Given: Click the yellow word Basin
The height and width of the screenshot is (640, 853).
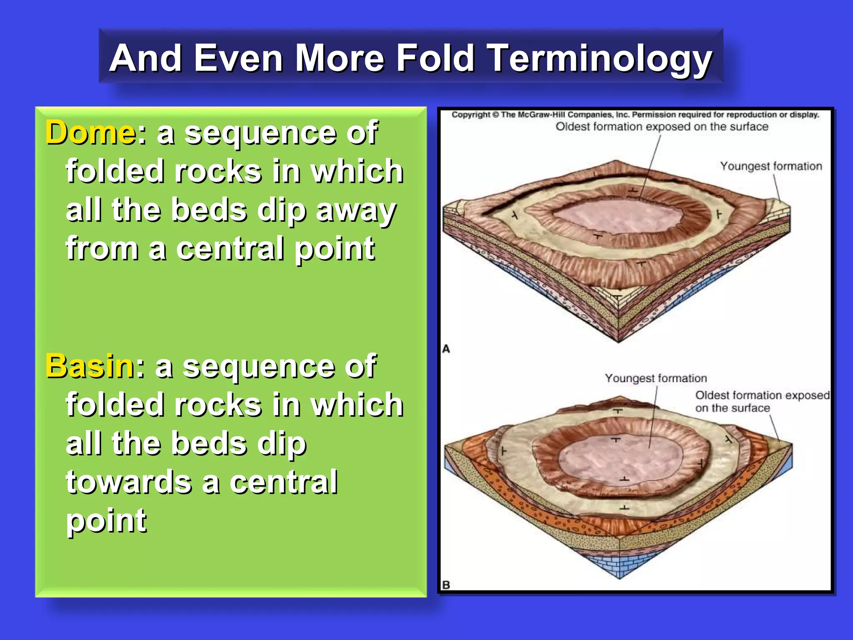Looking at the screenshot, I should (90, 366).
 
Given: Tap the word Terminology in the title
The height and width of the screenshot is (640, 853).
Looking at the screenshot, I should (600, 58).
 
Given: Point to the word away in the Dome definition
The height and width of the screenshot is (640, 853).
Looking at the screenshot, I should (356, 211).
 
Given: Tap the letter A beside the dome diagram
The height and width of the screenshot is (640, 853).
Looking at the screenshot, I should (446, 349).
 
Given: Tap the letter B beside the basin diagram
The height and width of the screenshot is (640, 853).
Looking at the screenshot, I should (446, 585).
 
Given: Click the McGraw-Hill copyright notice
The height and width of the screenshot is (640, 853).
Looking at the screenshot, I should (635, 115).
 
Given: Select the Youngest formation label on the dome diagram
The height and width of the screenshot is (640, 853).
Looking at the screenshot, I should (771, 166).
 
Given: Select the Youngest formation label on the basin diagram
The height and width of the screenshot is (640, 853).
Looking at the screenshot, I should (656, 378).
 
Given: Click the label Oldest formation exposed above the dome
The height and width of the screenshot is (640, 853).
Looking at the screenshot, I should (662, 127).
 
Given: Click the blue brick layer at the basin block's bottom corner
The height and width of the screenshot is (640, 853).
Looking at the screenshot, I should (619, 562).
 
